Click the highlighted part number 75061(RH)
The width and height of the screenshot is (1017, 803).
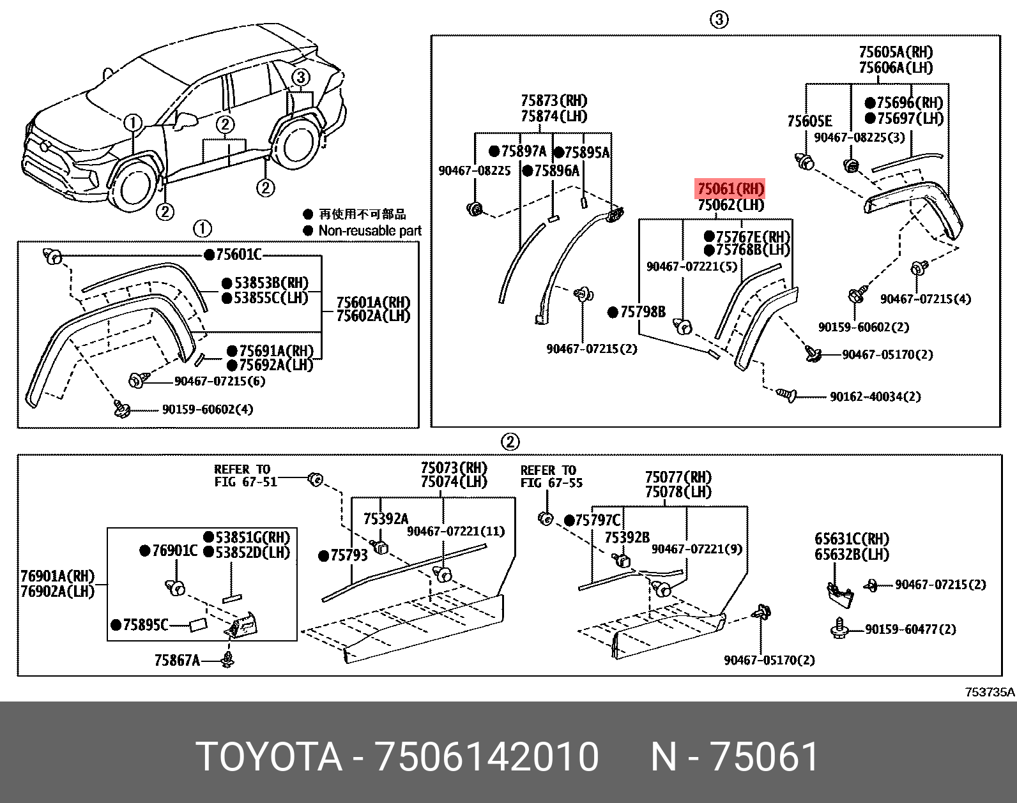730,189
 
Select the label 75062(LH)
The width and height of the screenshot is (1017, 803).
730,205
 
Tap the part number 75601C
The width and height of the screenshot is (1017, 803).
238,255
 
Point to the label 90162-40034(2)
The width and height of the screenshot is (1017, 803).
875,397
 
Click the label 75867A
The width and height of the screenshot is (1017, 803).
177,660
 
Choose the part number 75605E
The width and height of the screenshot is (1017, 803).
809,121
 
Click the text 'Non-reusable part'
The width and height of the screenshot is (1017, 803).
369,231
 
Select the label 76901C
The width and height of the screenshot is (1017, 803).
174,550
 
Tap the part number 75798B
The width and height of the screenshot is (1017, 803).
642,312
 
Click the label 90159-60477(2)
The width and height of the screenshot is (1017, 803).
910,629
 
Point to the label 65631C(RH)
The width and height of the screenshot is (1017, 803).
851,539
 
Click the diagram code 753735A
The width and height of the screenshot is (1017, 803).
989,692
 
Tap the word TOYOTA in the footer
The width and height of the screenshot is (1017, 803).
269,757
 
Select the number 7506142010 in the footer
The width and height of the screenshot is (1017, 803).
487,757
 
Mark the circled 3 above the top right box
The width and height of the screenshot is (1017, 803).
719,20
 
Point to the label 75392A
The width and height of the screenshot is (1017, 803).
385,519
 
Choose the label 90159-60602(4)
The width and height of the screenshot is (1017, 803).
207,409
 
